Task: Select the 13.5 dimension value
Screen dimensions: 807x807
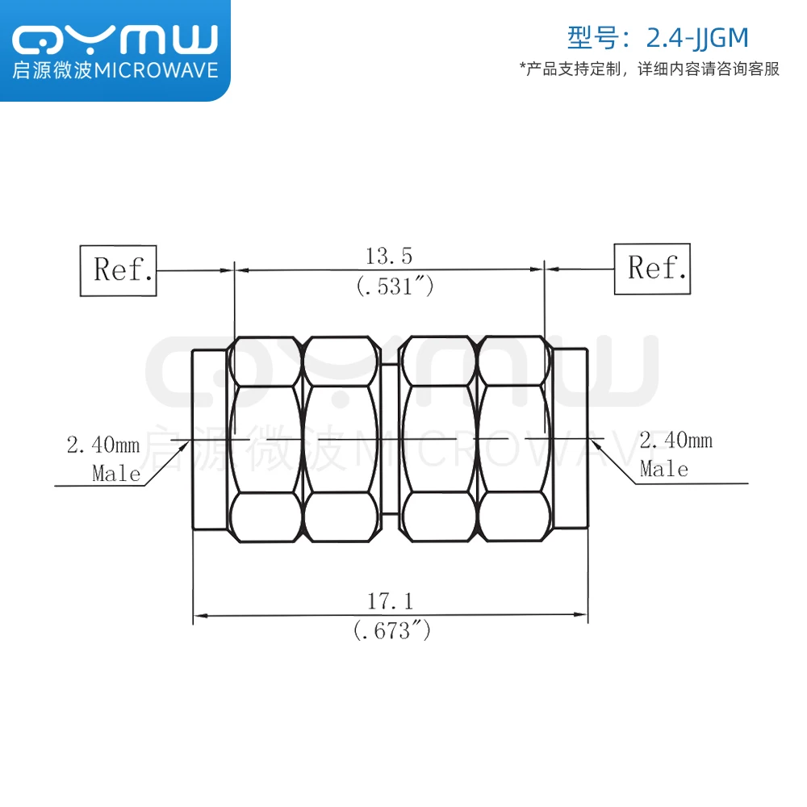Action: [389, 257]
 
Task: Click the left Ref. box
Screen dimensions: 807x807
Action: [119, 269]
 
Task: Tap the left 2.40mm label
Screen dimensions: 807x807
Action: [102, 445]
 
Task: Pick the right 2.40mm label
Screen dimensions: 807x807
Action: [675, 441]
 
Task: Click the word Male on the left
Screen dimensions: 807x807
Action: [116, 473]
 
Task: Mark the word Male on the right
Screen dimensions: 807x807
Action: [664, 469]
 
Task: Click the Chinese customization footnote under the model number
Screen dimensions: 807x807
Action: [650, 69]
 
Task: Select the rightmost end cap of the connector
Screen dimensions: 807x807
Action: [570, 439]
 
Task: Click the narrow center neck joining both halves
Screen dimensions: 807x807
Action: [391, 439]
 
